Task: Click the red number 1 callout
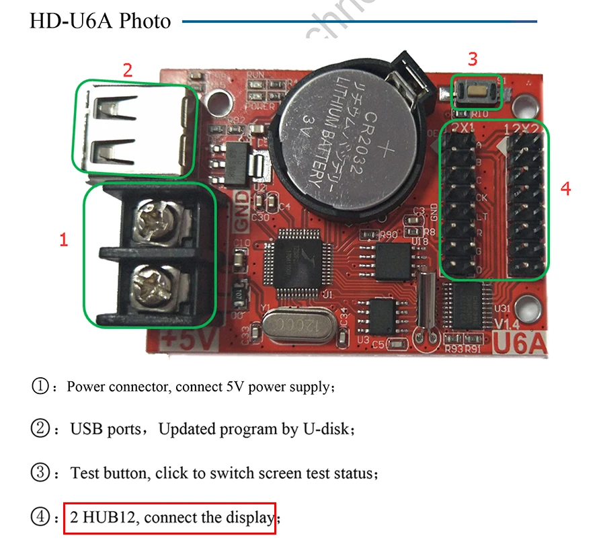[x=64, y=239]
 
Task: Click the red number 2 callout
[x=127, y=69]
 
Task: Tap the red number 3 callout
[x=473, y=59]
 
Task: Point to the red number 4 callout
[x=565, y=189]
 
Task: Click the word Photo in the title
[x=145, y=21]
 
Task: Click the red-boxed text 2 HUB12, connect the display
[x=170, y=518]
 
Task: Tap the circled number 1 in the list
[x=40, y=387]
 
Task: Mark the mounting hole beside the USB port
[x=216, y=102]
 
